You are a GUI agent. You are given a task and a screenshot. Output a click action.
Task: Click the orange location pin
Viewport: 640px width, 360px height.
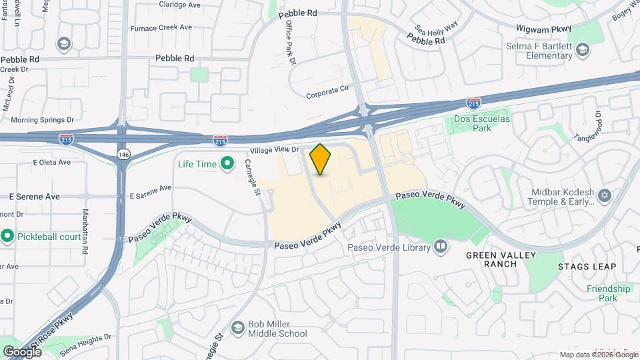(321, 159)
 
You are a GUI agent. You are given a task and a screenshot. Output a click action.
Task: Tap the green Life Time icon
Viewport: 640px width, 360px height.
(227, 163)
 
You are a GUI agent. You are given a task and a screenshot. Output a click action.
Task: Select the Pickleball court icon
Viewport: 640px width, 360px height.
(7, 236)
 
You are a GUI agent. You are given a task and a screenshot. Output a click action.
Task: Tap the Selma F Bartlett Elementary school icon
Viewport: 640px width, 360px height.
(583, 51)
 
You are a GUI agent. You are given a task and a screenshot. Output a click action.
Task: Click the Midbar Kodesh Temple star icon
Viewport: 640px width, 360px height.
(605, 195)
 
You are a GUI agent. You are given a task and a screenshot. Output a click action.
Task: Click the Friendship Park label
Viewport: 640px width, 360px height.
(608, 293)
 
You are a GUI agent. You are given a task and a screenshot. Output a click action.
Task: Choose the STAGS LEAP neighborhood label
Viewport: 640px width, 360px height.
(587, 267)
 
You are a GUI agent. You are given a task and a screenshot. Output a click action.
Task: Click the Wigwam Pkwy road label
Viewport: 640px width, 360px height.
(544, 28)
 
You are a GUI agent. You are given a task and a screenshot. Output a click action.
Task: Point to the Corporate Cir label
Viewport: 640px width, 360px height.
(328, 94)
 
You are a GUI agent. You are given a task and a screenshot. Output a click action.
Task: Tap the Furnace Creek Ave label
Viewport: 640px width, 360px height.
(161, 27)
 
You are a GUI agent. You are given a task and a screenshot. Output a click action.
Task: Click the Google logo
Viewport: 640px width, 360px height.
(22, 351)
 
